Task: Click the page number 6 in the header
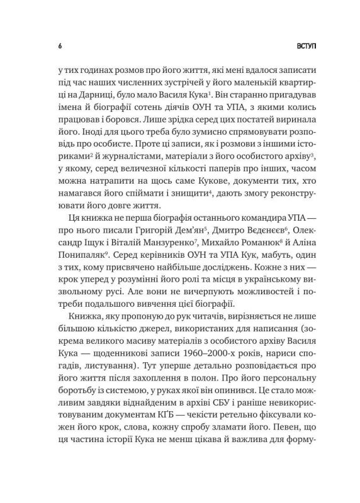click(x=59, y=47)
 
